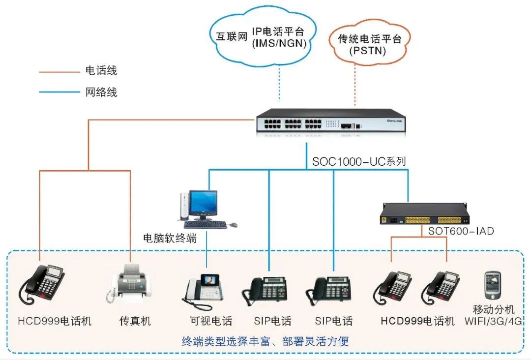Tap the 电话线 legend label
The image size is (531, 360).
pyautogui.click(x=101, y=71)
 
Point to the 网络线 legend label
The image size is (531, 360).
pyautogui.click(x=101, y=92)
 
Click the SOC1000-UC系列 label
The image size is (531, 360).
pyautogui.click(x=359, y=161)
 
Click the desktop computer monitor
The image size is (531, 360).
pyautogui.click(x=204, y=203)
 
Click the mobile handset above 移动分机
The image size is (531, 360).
pyautogui.click(x=493, y=285)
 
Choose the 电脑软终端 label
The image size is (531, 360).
pyautogui.click(x=170, y=239)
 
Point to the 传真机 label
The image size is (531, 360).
pyautogui.click(x=135, y=321)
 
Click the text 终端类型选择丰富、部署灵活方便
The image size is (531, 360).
pyautogui.click(x=265, y=341)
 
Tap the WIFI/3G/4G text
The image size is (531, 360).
pyautogui.click(x=493, y=321)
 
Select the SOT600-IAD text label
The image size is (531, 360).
pyautogui.click(x=461, y=231)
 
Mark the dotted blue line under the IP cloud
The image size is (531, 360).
pyautogui.click(x=279, y=84)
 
